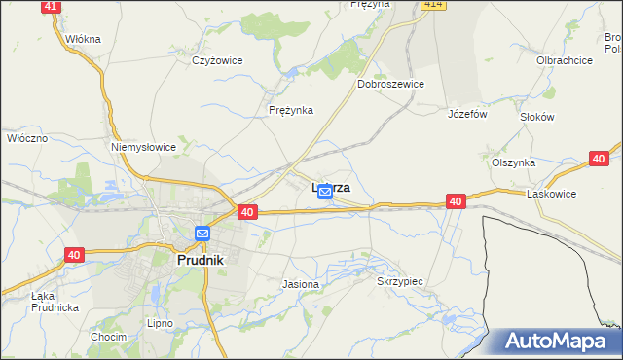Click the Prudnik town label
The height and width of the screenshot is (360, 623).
[200, 261]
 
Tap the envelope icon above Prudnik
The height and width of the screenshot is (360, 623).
[202, 234]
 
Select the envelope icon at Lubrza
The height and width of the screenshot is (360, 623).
[325, 193]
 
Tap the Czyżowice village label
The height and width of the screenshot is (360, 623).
[216, 60]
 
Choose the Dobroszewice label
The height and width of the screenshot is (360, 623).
[390, 85]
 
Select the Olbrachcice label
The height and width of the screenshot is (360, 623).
[565, 60]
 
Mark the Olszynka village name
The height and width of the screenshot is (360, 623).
[513, 163]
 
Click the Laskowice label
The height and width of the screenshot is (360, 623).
[552, 194]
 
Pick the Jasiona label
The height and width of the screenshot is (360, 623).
[300, 284]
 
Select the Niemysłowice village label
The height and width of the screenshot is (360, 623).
[143, 147]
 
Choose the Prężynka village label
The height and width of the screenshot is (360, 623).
[291, 110]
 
